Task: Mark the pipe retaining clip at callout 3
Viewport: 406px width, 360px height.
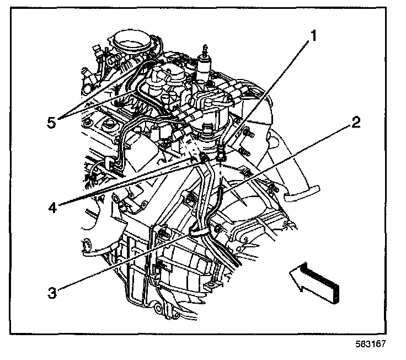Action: click(x=200, y=229)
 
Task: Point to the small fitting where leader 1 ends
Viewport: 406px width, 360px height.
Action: click(x=221, y=153)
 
